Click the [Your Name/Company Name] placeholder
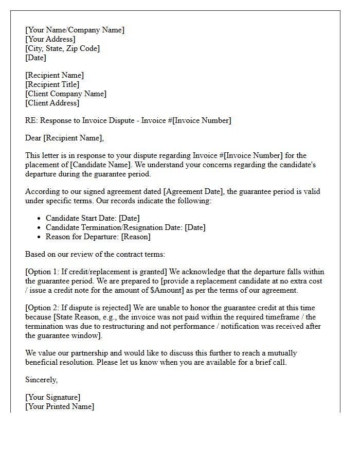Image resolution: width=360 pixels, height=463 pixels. [75, 30]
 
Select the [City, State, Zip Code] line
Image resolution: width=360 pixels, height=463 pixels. [62, 48]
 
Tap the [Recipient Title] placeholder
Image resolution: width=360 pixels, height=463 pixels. [52, 84]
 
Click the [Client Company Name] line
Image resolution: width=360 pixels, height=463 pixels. [66, 94]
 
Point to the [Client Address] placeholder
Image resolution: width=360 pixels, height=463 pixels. [52, 103]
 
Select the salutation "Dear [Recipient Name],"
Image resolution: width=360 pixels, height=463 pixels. [64, 138]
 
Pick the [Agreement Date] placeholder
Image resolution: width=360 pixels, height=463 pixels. [193, 191]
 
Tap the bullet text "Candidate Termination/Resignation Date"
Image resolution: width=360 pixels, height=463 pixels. [114, 227]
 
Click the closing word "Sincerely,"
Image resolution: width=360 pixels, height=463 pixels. [42, 380]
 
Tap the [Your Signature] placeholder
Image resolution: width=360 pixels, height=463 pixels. [52, 397]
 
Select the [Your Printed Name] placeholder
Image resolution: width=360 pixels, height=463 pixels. [60, 406]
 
